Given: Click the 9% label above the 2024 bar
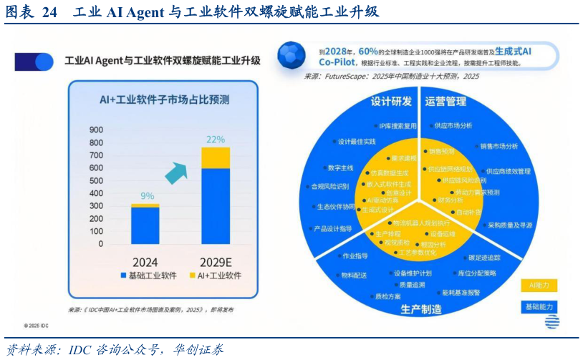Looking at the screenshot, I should pos(147,195).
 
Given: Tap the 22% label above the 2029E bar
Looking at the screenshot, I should pos(216,139).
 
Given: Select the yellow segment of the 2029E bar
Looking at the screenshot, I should pos(216,157).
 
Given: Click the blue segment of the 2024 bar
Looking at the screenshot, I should pos(145,225).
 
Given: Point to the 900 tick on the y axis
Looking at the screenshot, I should pos(96,130).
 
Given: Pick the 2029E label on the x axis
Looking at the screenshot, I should pos(214,262).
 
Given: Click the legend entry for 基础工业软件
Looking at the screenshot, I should pos(146,276).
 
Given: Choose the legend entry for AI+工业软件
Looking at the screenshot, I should pos(215,276).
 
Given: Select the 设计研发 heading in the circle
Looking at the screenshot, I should pos(391,101).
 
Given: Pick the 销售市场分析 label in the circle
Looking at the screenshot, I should pos(498,146).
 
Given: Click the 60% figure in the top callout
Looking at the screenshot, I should pos(368,52).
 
